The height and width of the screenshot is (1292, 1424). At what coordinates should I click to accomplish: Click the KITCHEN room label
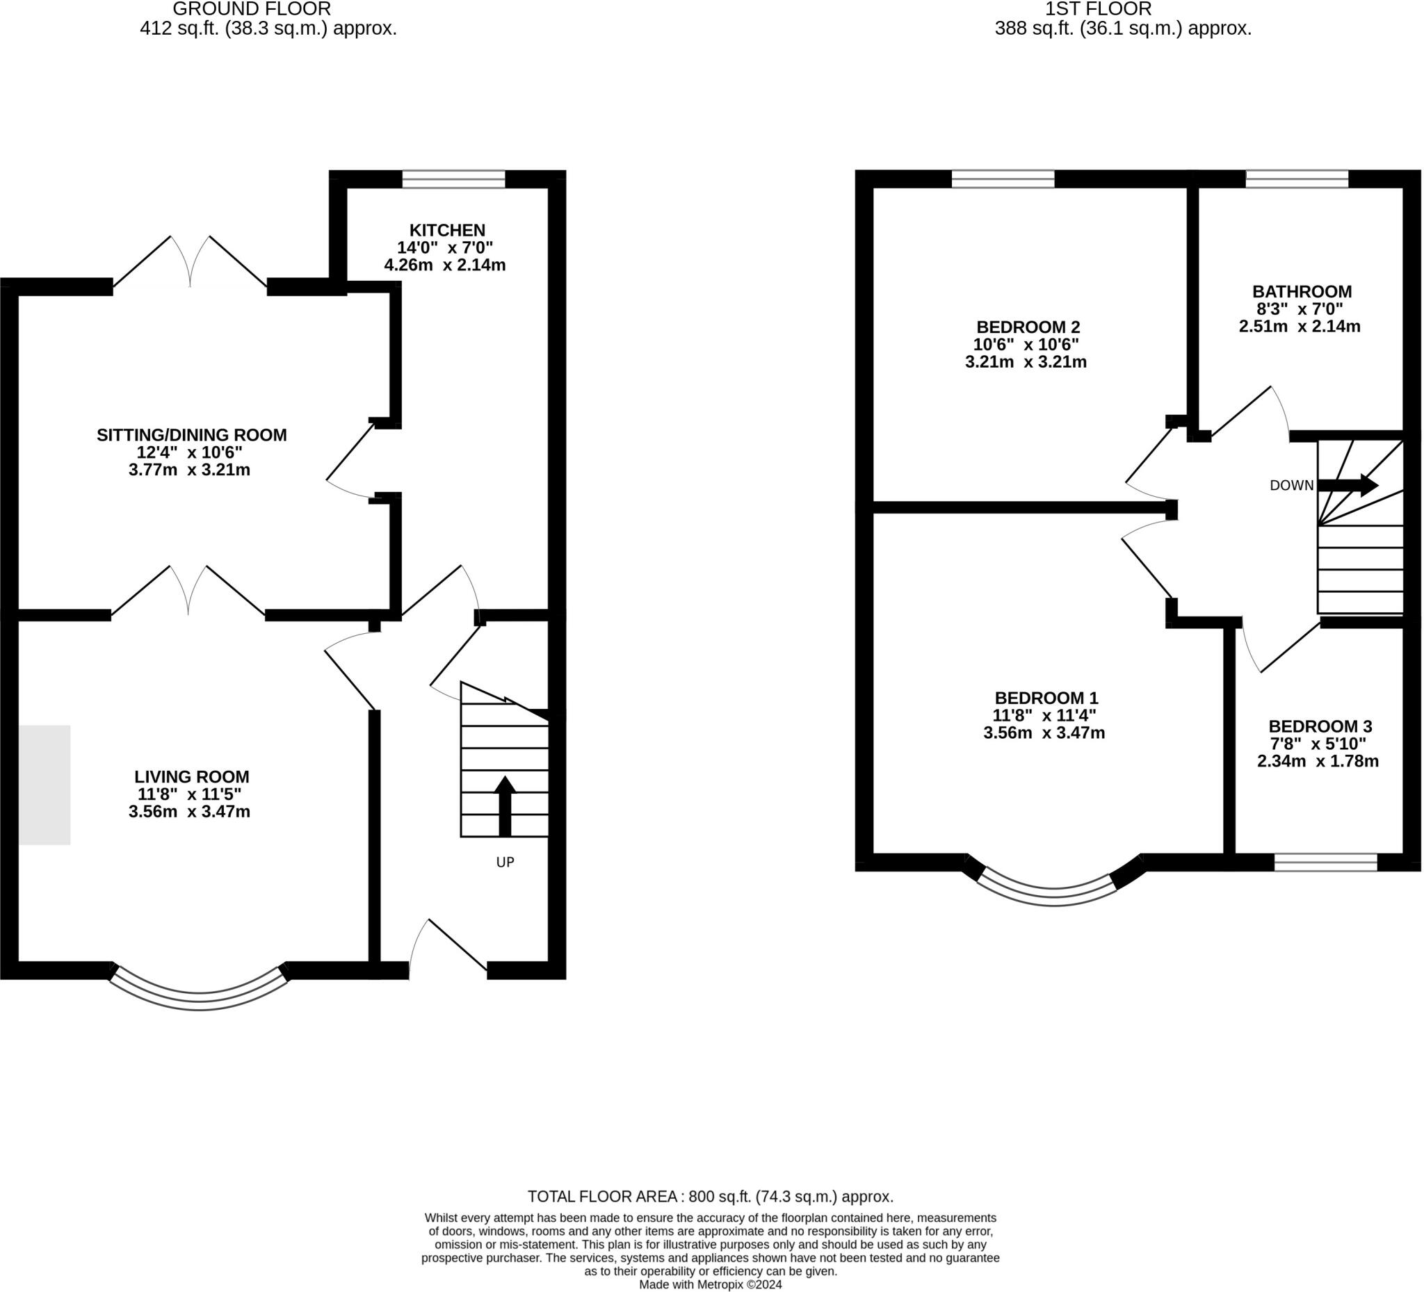point(447,230)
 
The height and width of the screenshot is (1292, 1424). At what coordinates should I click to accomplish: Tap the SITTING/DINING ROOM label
point(191,435)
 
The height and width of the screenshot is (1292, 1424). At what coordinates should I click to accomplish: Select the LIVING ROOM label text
point(191,776)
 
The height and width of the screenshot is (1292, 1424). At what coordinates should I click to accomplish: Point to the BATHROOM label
point(1302,292)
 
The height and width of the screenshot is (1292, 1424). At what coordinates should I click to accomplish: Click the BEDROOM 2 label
point(1028,327)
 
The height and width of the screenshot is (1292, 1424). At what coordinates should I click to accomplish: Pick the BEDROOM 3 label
point(1320,726)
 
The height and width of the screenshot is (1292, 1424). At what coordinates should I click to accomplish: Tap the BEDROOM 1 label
point(1046,698)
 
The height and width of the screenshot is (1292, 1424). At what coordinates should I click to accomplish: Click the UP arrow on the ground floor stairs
point(504,806)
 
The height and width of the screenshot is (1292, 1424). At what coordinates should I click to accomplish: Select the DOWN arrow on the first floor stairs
point(1348,485)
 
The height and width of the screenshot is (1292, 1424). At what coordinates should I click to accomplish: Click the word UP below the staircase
point(505,862)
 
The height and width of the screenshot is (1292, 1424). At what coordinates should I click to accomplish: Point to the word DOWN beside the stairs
point(1291,486)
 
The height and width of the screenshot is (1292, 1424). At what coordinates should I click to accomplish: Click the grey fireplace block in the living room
point(44,785)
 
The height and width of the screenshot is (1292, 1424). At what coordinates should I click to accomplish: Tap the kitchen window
point(453,179)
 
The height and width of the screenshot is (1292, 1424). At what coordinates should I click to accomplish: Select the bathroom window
point(1297,179)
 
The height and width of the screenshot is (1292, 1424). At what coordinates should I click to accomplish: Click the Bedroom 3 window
point(1326,862)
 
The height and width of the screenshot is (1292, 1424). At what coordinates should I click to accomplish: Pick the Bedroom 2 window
point(1003,179)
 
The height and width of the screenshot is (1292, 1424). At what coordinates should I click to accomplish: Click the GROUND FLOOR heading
point(252,9)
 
